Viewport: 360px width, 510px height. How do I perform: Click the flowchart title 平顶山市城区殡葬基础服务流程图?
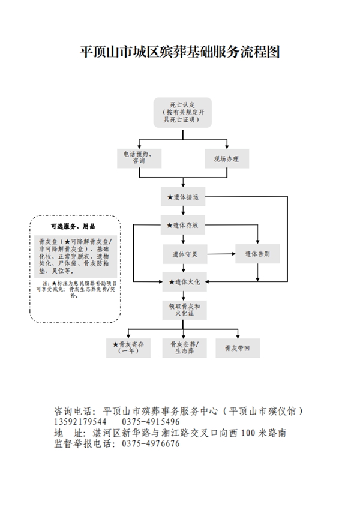click(x=180, y=52)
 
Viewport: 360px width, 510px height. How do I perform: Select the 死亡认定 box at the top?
click(x=182, y=112)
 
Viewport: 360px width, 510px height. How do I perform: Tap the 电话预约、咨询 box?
click(x=139, y=158)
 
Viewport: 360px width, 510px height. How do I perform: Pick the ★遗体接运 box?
click(x=182, y=197)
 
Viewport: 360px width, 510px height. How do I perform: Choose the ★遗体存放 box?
click(x=182, y=226)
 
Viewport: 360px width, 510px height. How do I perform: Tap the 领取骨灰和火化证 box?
click(x=183, y=310)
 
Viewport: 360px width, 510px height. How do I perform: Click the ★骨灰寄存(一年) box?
click(x=129, y=347)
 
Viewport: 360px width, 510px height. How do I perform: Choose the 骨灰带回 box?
click(x=238, y=347)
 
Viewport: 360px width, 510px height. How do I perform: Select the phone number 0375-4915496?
click(x=151, y=422)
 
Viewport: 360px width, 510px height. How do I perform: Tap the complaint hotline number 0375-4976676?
click(x=151, y=444)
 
